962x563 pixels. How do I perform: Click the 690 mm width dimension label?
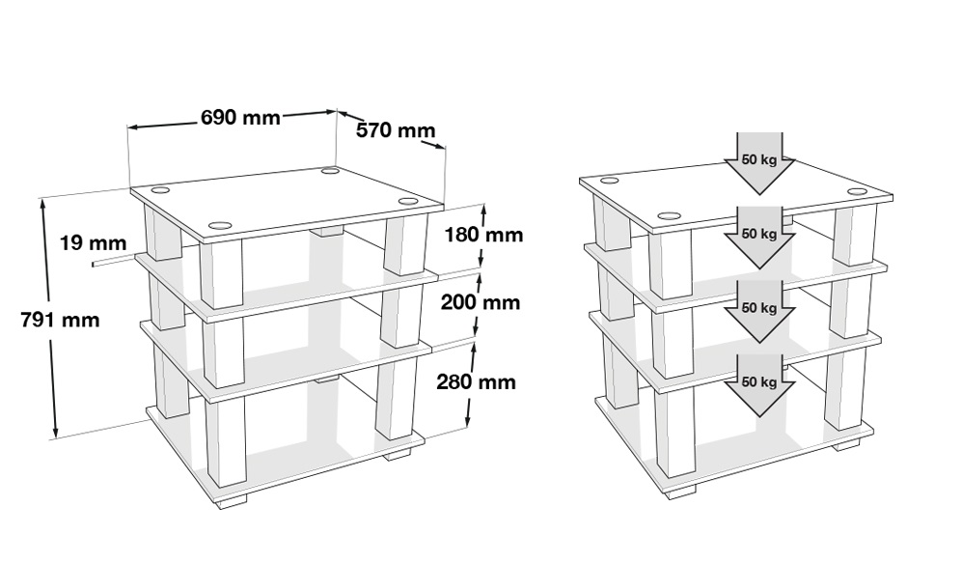(240, 117)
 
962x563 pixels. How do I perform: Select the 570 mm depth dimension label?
(396, 130)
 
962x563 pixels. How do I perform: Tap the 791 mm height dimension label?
(60, 320)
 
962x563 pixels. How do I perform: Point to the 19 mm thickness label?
(94, 243)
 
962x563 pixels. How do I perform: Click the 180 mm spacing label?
(483, 235)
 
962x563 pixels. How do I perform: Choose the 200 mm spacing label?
(481, 302)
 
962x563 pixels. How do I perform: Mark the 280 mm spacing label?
(476, 381)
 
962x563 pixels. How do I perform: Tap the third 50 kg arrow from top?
(759, 311)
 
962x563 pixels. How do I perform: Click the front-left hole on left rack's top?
(221, 225)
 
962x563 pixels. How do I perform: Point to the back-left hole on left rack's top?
(158, 189)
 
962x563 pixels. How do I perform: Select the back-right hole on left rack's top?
(331, 171)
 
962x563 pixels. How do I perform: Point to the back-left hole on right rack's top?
(609, 181)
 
